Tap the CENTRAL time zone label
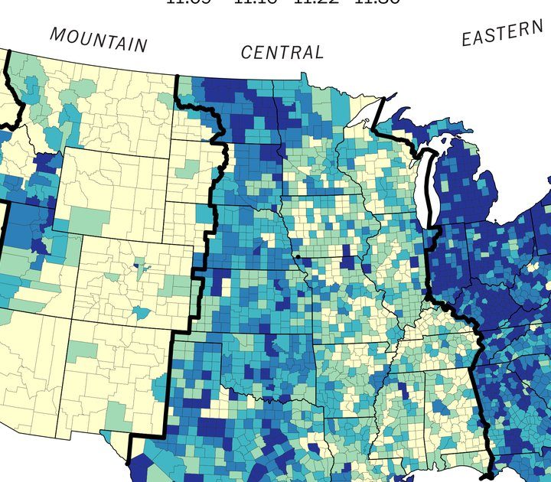[x=282, y=53]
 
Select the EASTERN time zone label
[x=501, y=34]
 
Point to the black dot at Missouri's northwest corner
[x=295, y=256]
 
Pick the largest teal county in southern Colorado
[x=140, y=314]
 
